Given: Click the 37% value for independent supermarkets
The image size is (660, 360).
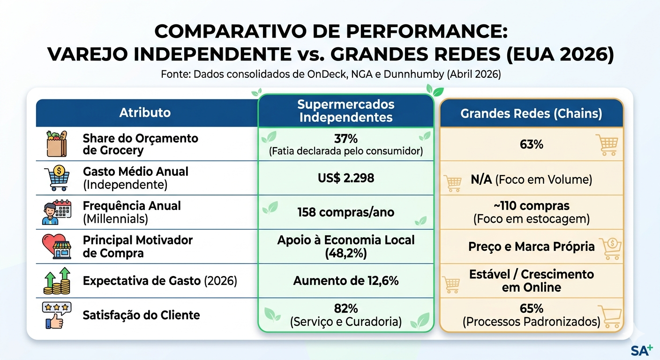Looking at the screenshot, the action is (346, 138).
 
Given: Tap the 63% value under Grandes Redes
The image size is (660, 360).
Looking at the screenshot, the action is (532, 144).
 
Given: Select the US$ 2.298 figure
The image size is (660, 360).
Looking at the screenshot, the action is (346, 178).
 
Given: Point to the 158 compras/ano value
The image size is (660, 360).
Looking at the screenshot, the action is (346, 212).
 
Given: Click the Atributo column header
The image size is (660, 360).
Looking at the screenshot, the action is (145, 112).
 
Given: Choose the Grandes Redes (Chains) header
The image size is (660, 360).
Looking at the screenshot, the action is (532, 113).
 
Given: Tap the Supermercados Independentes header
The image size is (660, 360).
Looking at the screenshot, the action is (346, 111).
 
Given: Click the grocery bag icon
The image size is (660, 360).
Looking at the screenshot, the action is (57, 144).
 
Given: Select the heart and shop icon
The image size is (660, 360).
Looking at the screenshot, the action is (57, 246).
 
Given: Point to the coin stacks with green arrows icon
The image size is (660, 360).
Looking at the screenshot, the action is (57, 281).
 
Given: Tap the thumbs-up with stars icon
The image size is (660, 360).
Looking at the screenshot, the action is (56, 315).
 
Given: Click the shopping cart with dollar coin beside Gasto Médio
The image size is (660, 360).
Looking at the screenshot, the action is (57, 178).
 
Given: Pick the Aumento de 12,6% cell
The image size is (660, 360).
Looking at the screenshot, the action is (346, 281).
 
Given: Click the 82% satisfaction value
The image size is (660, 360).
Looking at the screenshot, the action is (346, 309).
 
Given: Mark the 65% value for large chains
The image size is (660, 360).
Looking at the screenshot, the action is (532, 309).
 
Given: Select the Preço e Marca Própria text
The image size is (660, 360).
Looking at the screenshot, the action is (532, 247).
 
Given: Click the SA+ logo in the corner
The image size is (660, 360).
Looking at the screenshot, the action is (642, 350).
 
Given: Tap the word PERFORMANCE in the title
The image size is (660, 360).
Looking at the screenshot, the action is (427, 31).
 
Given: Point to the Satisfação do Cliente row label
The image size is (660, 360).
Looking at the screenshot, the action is (141, 315).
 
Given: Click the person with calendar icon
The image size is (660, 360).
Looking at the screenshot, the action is (57, 212).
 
